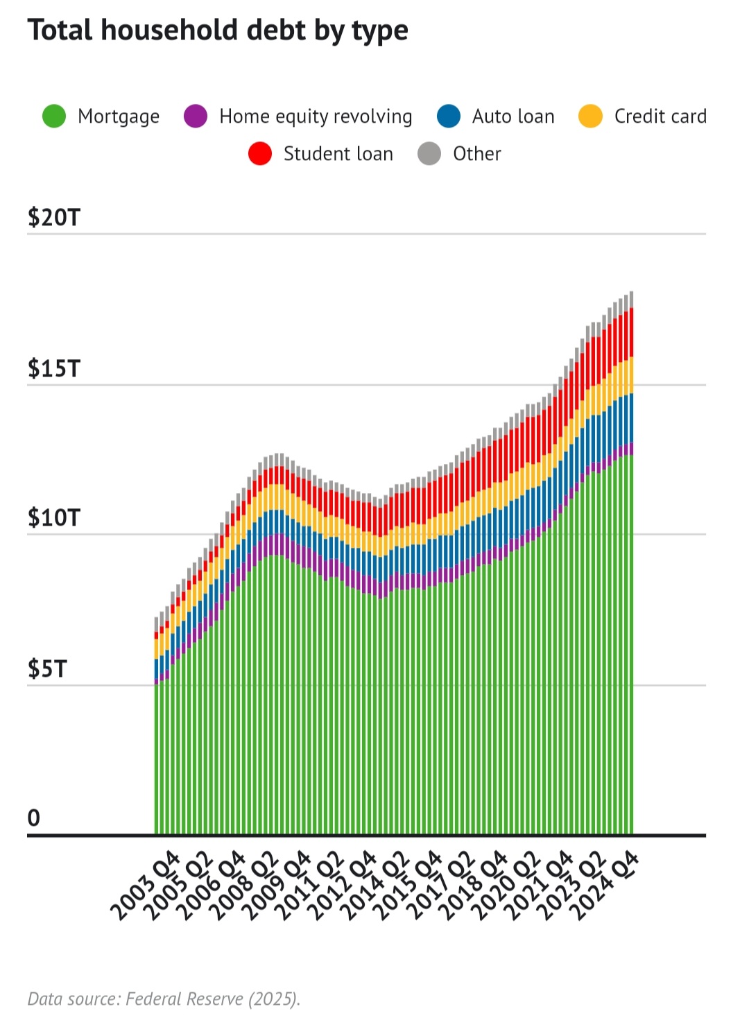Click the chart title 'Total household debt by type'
[218, 31]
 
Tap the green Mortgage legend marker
[54, 116]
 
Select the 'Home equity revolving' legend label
[316, 116]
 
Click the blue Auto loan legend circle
[449, 116]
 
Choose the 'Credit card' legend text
[660, 116]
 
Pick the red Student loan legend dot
[260, 154]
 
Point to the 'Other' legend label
[476, 154]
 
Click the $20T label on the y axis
[54, 218]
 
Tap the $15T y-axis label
[54, 369]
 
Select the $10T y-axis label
[54, 518]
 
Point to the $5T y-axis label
[47, 669]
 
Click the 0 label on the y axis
[34, 818]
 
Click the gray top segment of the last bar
[630, 300]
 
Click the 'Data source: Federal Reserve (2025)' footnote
[164, 999]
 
